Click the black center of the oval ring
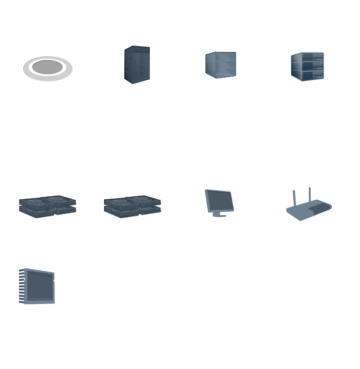point(48,67)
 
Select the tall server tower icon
point(137,65)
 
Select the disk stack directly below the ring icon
point(47,206)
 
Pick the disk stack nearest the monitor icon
point(133,206)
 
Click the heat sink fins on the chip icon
point(21,286)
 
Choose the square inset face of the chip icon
point(38,285)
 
